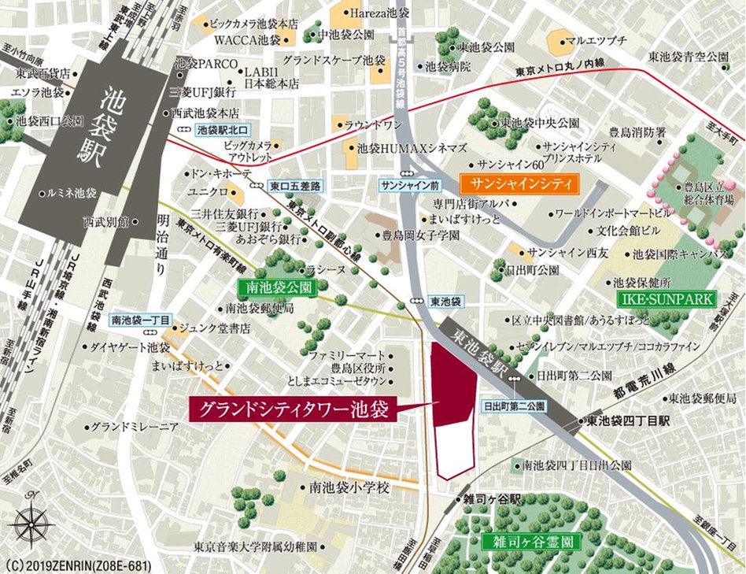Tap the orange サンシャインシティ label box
click(x=519, y=184)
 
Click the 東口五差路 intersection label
click(x=294, y=186)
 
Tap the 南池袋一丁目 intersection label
click(x=140, y=320)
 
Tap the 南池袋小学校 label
click(x=349, y=488)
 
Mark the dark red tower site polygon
click(x=454, y=394)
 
